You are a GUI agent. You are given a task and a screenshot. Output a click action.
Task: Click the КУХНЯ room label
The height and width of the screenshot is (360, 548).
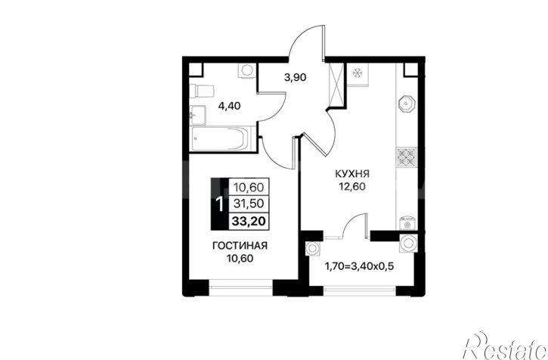[x=352, y=173]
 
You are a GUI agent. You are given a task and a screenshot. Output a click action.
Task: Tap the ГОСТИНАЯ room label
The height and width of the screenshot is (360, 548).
[x=240, y=246]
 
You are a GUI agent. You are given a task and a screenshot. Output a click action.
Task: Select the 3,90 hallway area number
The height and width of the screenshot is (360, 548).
[x=295, y=77]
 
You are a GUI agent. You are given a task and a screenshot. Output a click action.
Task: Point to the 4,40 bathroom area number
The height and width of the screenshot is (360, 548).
[x=229, y=106]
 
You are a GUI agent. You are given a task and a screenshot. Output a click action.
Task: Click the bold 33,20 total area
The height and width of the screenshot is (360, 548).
[x=249, y=221]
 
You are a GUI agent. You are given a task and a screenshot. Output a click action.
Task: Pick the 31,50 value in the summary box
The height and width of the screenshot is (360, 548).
[x=249, y=203]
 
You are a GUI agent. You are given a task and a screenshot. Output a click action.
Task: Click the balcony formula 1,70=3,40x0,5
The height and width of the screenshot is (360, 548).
[x=360, y=266]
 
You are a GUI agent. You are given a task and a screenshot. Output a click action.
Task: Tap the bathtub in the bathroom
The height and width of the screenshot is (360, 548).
[x=221, y=139]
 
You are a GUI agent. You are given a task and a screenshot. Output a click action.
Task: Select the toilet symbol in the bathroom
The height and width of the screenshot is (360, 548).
[x=201, y=91]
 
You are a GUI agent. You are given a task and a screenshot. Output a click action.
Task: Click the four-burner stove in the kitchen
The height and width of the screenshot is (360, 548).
[x=407, y=157]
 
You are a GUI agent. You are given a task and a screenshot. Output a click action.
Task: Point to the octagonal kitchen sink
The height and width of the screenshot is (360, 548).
[x=407, y=104]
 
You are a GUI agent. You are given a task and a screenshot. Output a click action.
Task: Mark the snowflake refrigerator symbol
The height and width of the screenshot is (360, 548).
[x=358, y=73]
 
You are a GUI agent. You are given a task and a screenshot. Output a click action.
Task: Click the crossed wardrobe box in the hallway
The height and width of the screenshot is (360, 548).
[x=336, y=84]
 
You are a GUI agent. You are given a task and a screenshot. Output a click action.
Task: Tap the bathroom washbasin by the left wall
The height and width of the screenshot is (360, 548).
[x=198, y=114]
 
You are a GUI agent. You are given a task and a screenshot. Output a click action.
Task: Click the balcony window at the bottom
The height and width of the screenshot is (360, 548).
[x=360, y=290]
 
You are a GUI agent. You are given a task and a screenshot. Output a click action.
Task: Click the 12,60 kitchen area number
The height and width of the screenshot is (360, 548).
[x=351, y=187]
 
